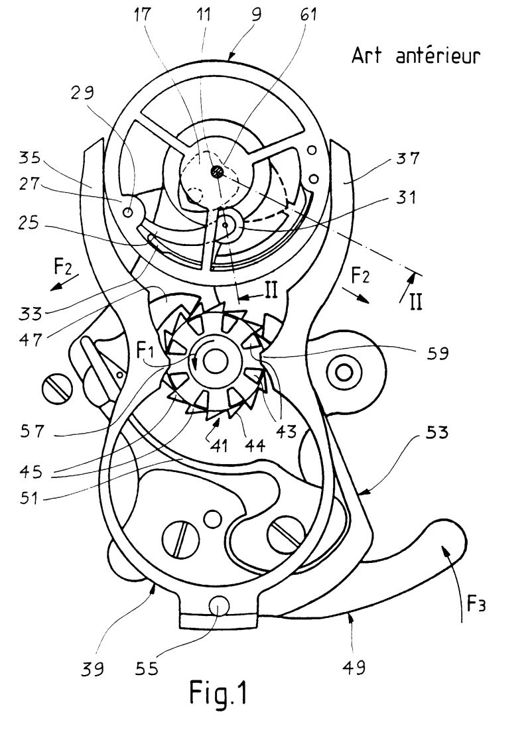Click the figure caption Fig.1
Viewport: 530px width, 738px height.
click(x=218, y=692)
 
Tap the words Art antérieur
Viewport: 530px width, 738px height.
click(x=416, y=56)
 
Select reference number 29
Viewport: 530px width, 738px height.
click(x=83, y=93)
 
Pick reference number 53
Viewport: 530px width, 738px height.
click(x=436, y=432)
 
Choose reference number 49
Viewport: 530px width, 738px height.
click(x=354, y=666)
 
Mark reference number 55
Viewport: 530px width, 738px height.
click(x=147, y=668)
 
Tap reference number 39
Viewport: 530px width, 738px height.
click(x=92, y=668)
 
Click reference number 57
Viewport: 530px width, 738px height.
click(x=33, y=430)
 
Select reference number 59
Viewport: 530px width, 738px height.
click(x=437, y=353)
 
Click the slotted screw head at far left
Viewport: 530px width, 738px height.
click(x=57, y=389)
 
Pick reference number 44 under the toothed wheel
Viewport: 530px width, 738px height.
click(x=255, y=446)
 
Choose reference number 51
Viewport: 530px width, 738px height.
click(x=29, y=497)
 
